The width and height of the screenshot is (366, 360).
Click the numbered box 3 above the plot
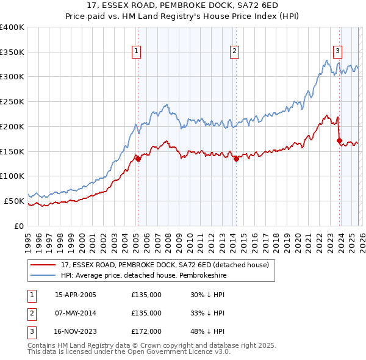[x=337, y=51]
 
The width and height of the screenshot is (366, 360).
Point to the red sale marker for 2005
[x=138, y=159]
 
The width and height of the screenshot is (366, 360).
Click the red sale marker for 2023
[x=339, y=140]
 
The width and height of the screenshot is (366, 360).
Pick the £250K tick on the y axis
[x=12, y=102]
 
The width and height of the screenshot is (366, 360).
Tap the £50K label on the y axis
[x=13, y=201]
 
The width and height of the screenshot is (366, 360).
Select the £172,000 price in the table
[x=146, y=331]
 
